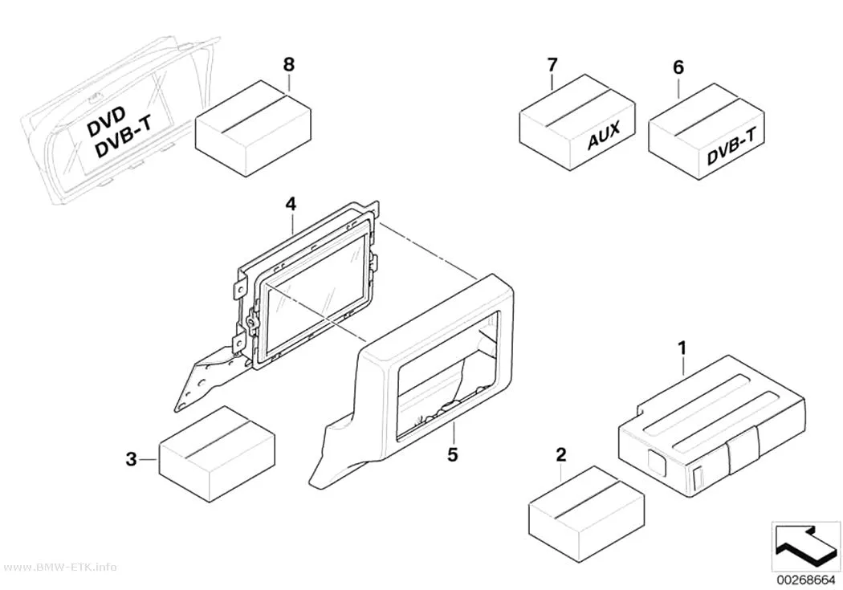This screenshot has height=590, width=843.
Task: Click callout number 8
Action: coord(289,65)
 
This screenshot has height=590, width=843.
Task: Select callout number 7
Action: coord(552,65)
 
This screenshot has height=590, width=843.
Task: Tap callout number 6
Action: coord(678,67)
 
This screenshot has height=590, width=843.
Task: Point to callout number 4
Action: coord(291,204)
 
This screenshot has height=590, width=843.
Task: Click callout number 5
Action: coord(453,454)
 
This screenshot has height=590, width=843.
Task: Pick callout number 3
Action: coord(131,460)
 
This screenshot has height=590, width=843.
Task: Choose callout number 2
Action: coord(561,455)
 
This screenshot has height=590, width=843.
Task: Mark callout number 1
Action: coord(682,348)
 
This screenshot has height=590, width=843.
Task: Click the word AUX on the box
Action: coord(603,134)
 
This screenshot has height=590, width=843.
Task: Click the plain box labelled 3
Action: coord(218,454)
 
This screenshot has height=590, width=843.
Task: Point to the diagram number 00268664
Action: coord(804,580)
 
